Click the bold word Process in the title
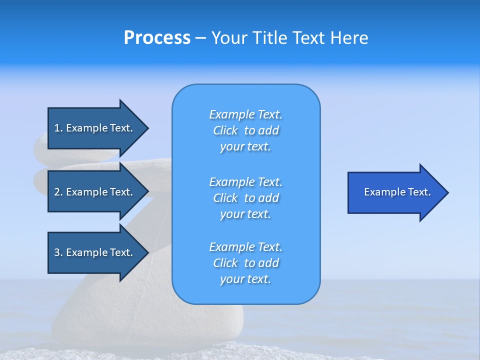(x=157, y=38)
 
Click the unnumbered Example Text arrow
(x=397, y=192)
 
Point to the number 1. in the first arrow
(x=58, y=128)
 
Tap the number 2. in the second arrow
(x=58, y=192)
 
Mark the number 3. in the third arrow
(x=58, y=252)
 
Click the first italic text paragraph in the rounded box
(x=245, y=130)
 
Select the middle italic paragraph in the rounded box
(x=245, y=198)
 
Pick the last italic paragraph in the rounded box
(x=245, y=263)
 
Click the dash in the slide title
(x=201, y=38)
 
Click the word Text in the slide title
(x=309, y=38)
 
